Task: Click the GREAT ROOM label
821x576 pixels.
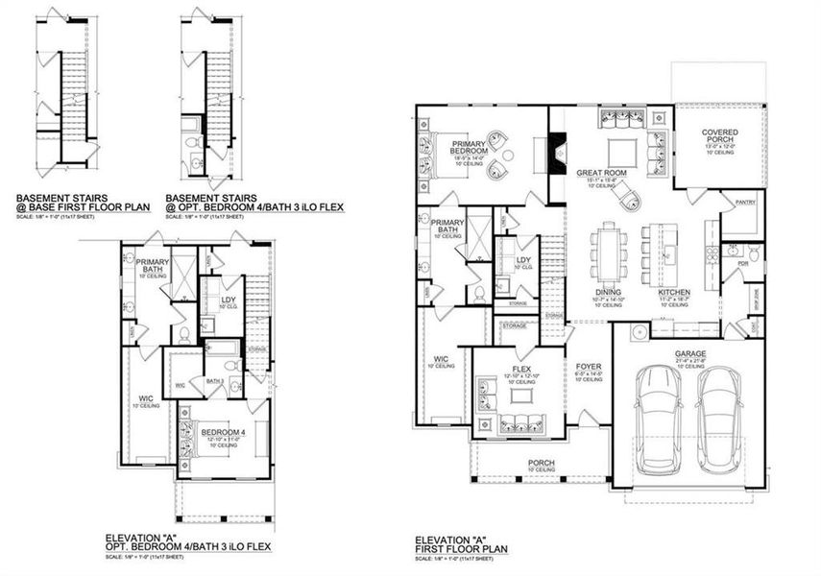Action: click(601, 173)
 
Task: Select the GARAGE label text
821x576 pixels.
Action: click(689, 353)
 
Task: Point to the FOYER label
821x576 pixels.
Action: click(588, 367)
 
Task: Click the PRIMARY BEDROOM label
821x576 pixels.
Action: click(470, 148)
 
